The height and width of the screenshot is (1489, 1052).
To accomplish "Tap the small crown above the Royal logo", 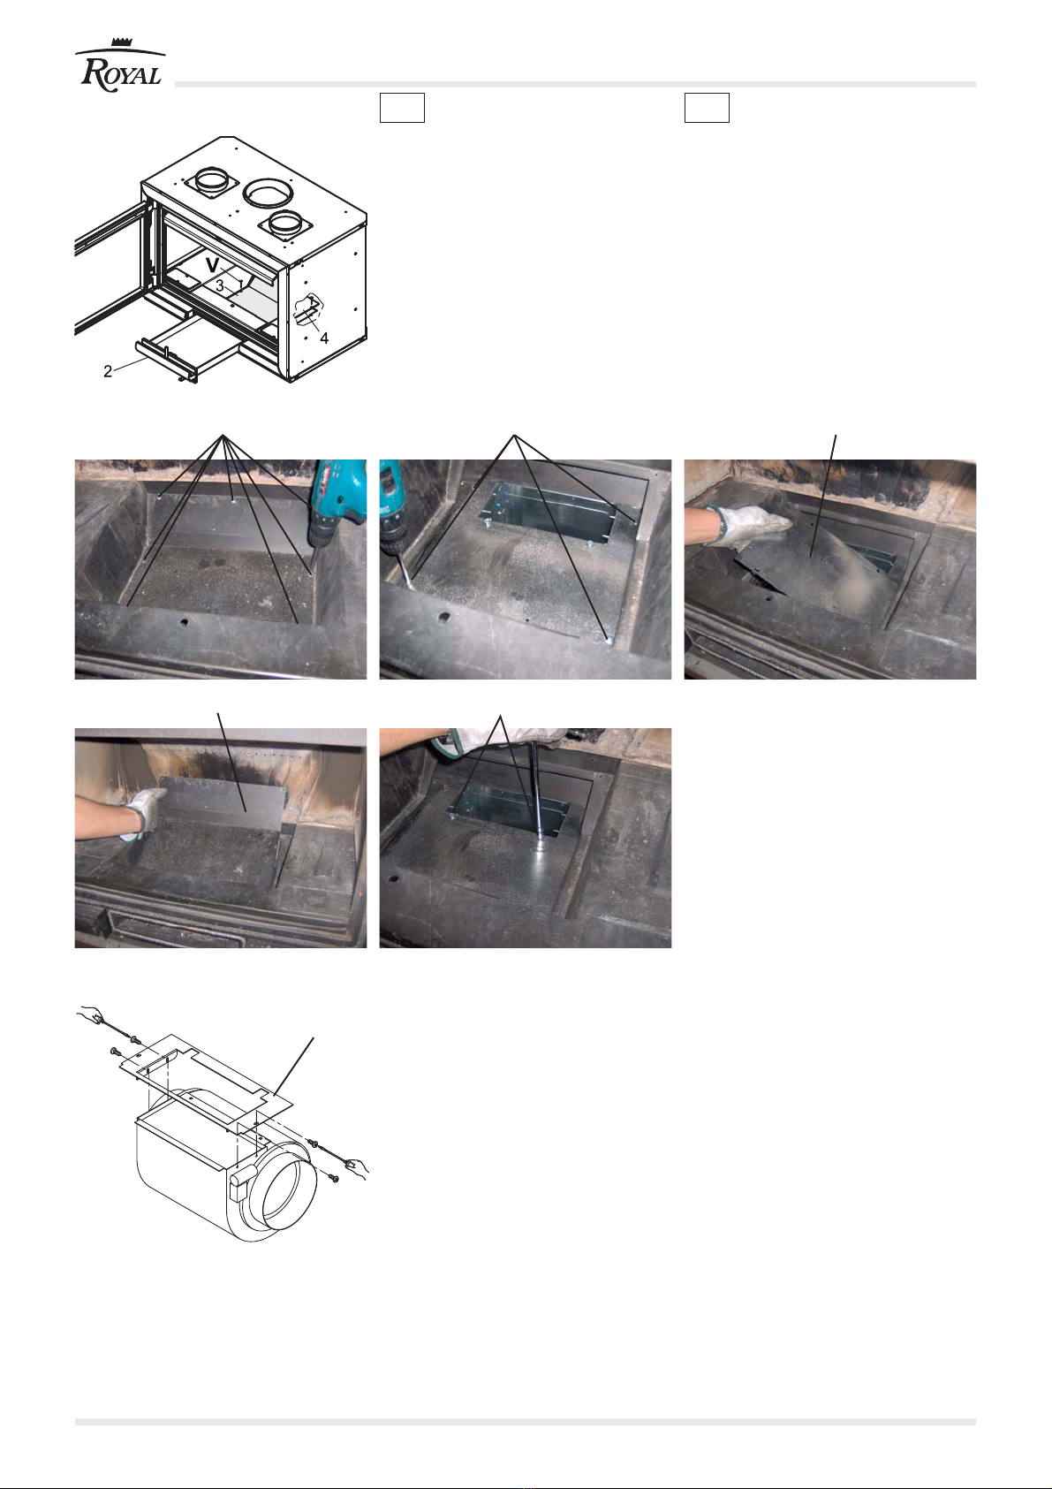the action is coord(122,42).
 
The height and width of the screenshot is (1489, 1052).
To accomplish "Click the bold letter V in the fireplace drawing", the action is coord(212,266).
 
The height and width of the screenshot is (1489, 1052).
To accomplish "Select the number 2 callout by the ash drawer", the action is coord(108,372).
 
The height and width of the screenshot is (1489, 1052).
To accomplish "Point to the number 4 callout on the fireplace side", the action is coord(324,339).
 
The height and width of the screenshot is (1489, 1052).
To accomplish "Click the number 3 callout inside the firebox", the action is coord(220,286).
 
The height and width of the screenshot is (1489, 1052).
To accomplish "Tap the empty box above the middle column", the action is coord(402,108).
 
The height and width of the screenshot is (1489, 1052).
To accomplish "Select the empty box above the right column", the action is coord(708,108).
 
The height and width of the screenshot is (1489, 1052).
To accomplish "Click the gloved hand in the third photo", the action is coord(748,522).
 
